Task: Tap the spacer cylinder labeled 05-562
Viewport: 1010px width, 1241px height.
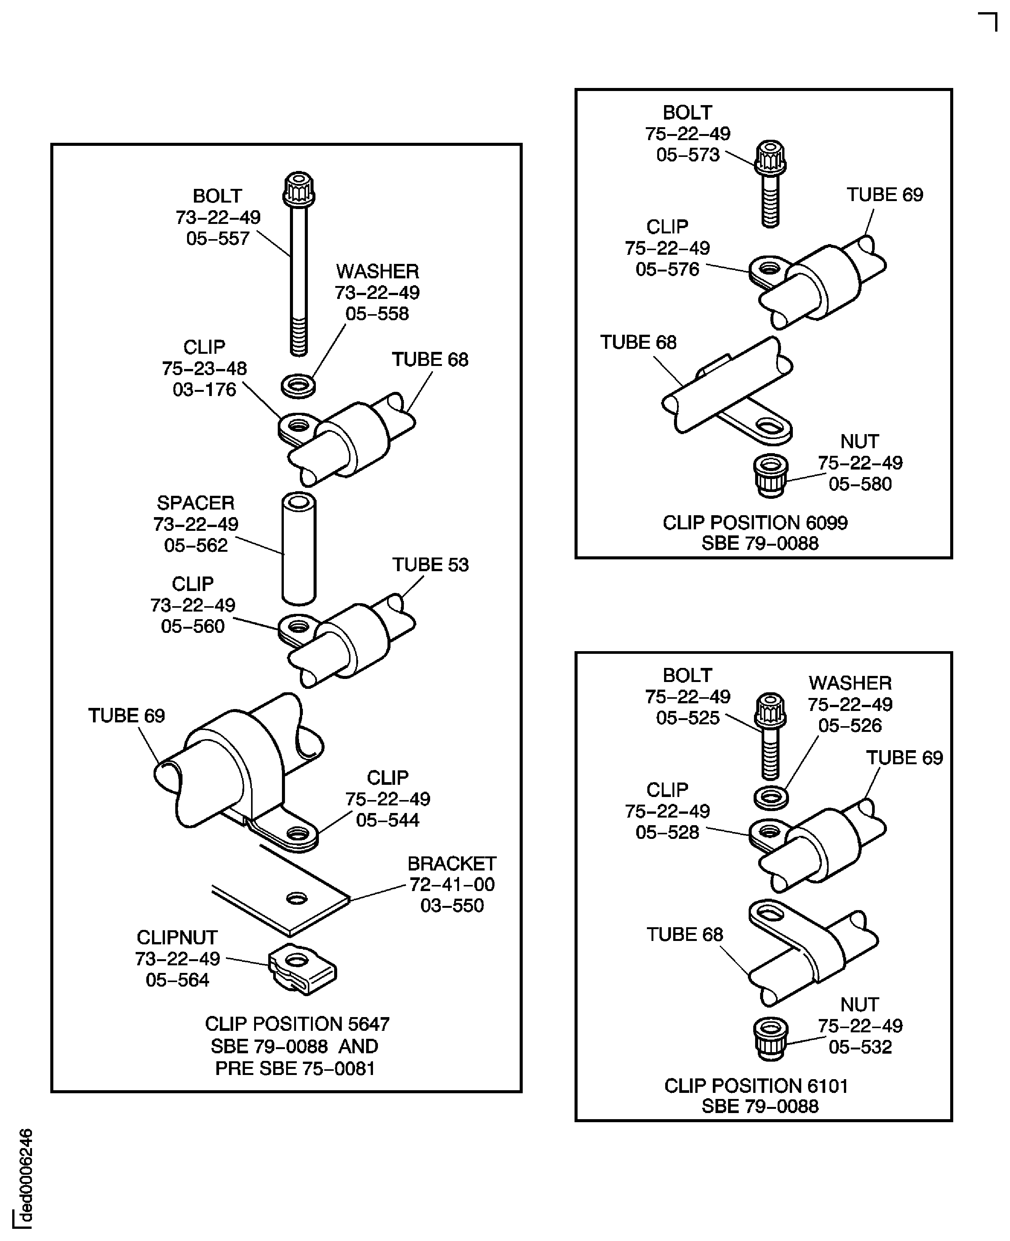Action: (298, 549)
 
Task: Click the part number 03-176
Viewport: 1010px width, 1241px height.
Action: (204, 390)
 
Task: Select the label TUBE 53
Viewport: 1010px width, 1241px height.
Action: (430, 565)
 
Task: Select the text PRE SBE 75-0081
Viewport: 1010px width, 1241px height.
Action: (295, 1068)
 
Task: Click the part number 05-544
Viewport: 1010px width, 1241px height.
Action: (387, 820)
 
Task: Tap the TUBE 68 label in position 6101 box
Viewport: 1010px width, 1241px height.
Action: (684, 934)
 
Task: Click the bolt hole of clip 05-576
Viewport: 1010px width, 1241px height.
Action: (769, 268)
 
